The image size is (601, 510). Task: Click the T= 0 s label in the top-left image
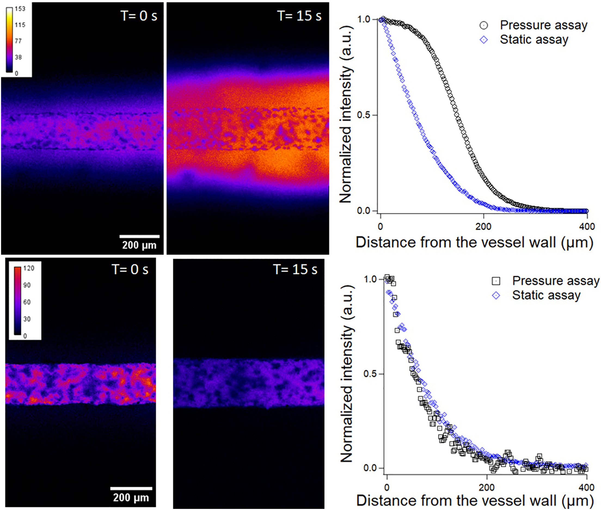click(x=139, y=16)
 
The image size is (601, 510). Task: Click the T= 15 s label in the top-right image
click(x=299, y=16)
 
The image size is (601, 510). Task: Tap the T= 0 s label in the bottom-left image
click(x=130, y=269)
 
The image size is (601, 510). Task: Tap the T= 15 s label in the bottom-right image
click(x=295, y=269)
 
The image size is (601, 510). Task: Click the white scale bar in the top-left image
click(x=139, y=236)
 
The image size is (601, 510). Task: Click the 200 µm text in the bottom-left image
click(x=131, y=497)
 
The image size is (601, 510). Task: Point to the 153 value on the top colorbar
click(x=20, y=9)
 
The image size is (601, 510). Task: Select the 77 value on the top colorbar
click(x=18, y=41)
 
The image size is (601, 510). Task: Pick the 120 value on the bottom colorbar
click(x=29, y=268)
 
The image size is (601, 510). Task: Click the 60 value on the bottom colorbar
click(x=27, y=302)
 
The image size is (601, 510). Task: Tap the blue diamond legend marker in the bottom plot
click(x=496, y=296)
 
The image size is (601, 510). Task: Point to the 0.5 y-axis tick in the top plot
click(x=364, y=115)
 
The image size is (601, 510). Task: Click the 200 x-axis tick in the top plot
click(x=483, y=226)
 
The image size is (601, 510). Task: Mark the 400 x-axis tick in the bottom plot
click(x=587, y=487)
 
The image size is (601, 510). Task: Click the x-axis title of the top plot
click(x=474, y=242)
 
